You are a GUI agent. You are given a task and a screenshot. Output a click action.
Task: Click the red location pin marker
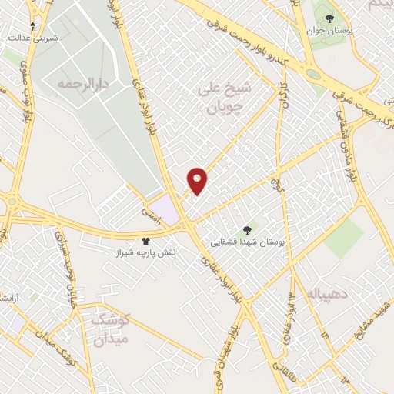pos(198,181)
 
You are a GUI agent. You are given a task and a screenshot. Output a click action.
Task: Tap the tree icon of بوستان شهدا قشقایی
pos(246,229)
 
